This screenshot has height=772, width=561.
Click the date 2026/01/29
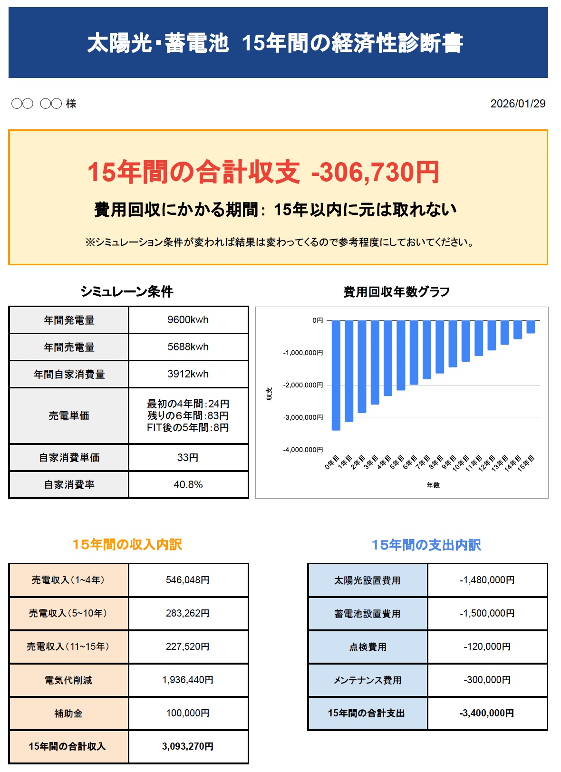coord(518,104)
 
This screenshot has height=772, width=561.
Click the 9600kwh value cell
coord(188,320)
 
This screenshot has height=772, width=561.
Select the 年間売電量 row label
coord(69,347)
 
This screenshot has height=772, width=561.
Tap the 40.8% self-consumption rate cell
coord(188,485)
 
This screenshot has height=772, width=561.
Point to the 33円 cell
coord(188,457)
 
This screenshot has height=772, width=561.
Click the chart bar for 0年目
coord(336,376)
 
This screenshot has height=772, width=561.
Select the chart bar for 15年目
coord(531,327)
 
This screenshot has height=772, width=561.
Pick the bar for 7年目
coord(427,349)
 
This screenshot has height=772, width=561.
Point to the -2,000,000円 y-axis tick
coord(303,385)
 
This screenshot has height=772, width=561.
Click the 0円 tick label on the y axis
coord(317,320)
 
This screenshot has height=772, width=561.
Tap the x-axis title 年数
coord(433,485)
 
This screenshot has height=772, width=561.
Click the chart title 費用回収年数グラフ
coord(397,292)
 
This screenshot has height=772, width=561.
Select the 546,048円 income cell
coord(188,580)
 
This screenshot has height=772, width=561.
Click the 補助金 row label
coord(68,714)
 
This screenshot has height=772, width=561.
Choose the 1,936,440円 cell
coord(188,680)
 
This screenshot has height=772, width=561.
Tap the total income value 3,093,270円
coord(188,747)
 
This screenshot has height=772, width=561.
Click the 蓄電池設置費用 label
coord(367,614)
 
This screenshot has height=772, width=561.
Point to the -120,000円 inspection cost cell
coord(487,647)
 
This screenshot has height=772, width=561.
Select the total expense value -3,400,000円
coord(487,713)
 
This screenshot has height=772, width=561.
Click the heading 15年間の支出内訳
coord(426,545)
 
